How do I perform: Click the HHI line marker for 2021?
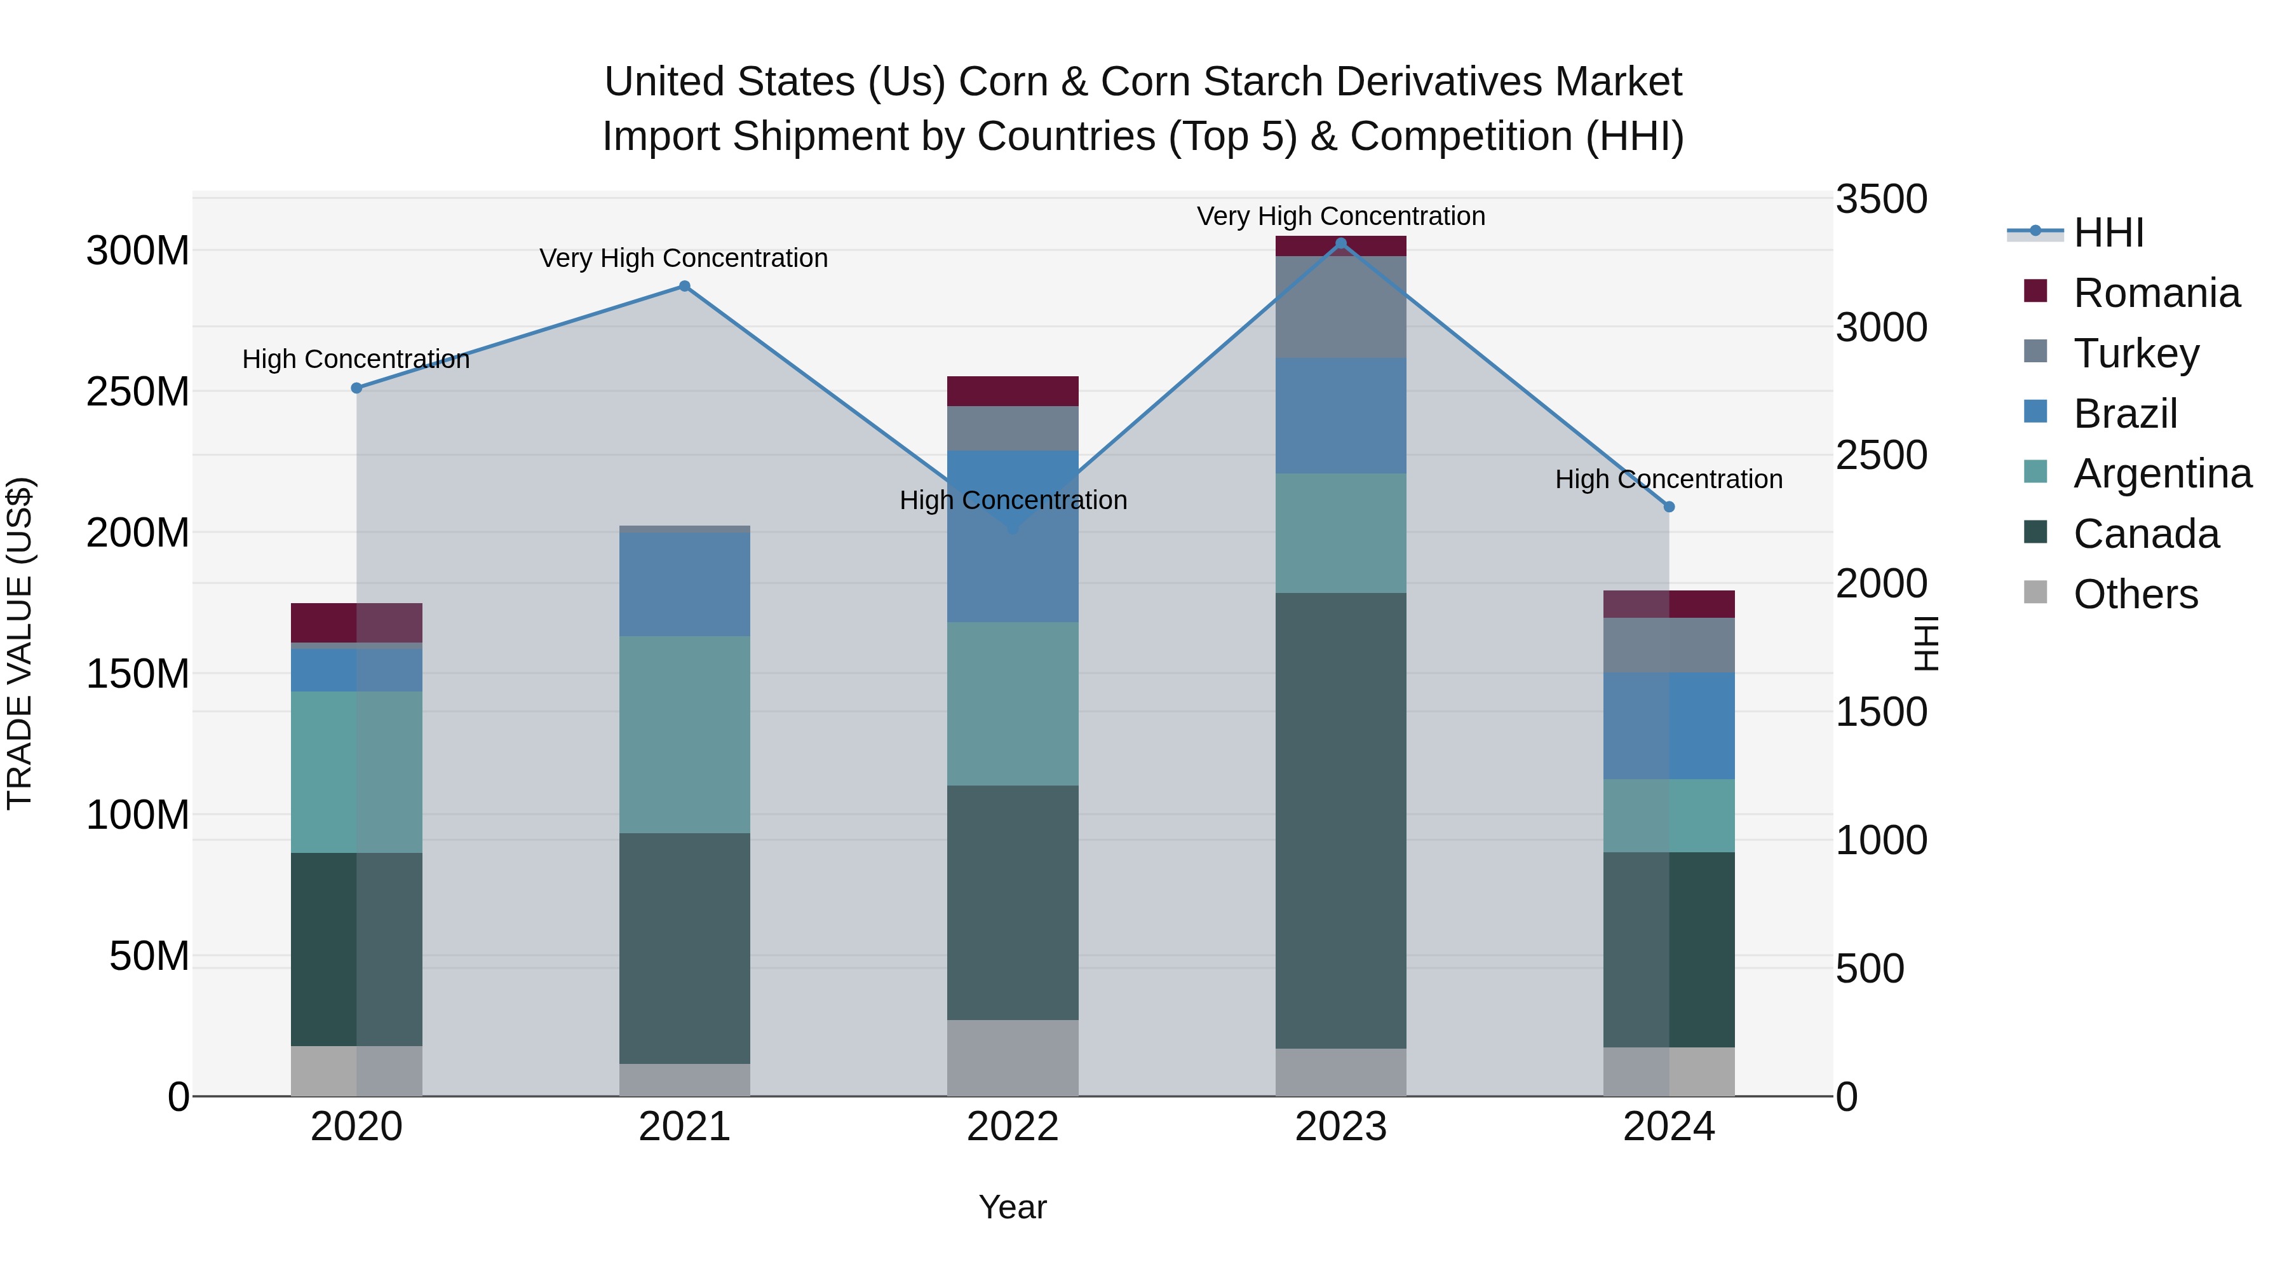684,286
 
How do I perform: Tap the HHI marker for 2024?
1669,507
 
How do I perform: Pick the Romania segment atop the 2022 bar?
1012,391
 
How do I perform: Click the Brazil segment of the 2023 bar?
1340,416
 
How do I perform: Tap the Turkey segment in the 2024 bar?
1669,645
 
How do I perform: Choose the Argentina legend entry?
2162,473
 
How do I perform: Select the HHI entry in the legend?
2108,233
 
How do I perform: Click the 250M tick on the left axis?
138,392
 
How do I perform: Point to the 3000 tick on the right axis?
1881,328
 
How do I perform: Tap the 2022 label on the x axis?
1012,1127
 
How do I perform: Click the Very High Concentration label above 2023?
1340,216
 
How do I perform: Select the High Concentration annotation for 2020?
356,359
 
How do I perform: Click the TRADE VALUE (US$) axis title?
20,643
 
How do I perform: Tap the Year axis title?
1012,1207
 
